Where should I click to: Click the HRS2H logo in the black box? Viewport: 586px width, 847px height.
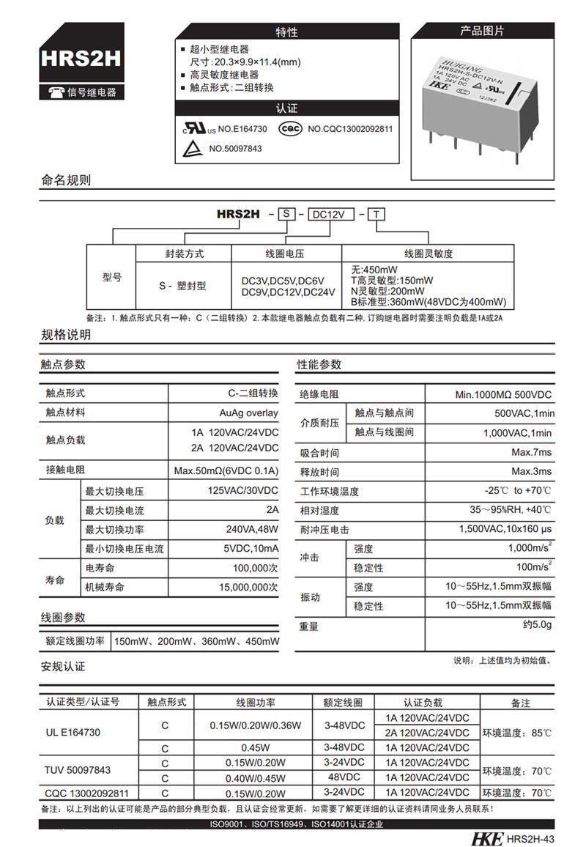81,59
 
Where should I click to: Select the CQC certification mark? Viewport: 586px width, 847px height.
290,128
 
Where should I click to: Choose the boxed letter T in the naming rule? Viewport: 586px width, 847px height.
376,215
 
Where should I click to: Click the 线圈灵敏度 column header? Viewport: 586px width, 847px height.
429,254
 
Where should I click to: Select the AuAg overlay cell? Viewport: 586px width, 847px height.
248,413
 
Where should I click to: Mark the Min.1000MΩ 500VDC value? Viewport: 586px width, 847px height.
503,394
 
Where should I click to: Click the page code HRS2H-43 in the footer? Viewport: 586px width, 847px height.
530,839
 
